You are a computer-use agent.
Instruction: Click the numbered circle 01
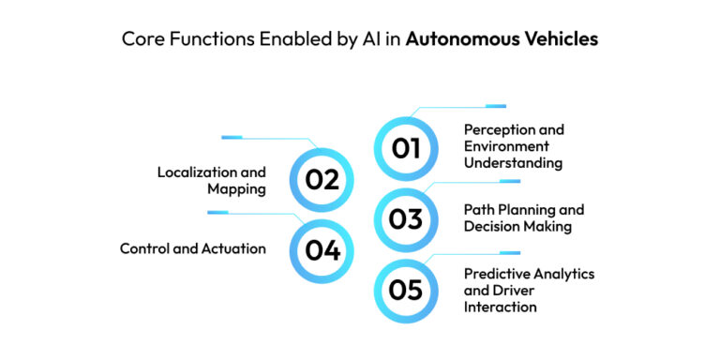pyautogui.click(x=405, y=148)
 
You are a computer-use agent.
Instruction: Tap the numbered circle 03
pyautogui.click(x=405, y=218)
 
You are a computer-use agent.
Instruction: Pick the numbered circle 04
pyautogui.click(x=322, y=250)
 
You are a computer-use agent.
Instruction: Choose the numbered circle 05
pyautogui.click(x=405, y=289)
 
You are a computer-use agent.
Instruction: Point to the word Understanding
pyautogui.click(x=514, y=163)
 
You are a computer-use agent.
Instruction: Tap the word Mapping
pyautogui.click(x=236, y=189)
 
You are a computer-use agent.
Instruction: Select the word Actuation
pyautogui.click(x=235, y=249)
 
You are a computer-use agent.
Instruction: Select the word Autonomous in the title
pyautogui.click(x=469, y=40)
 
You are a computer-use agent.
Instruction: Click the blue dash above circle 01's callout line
pyautogui.click(x=496, y=106)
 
